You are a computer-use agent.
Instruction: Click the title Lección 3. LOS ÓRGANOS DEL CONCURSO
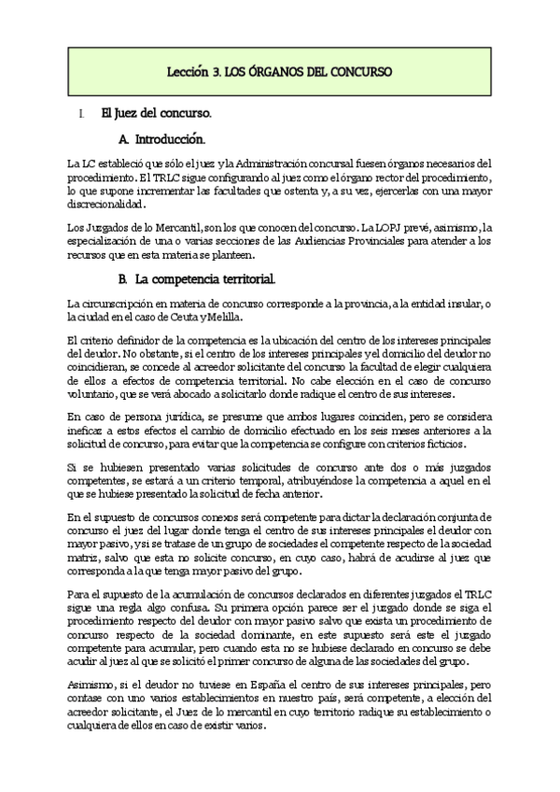279,72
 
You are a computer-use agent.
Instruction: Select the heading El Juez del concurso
157,114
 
